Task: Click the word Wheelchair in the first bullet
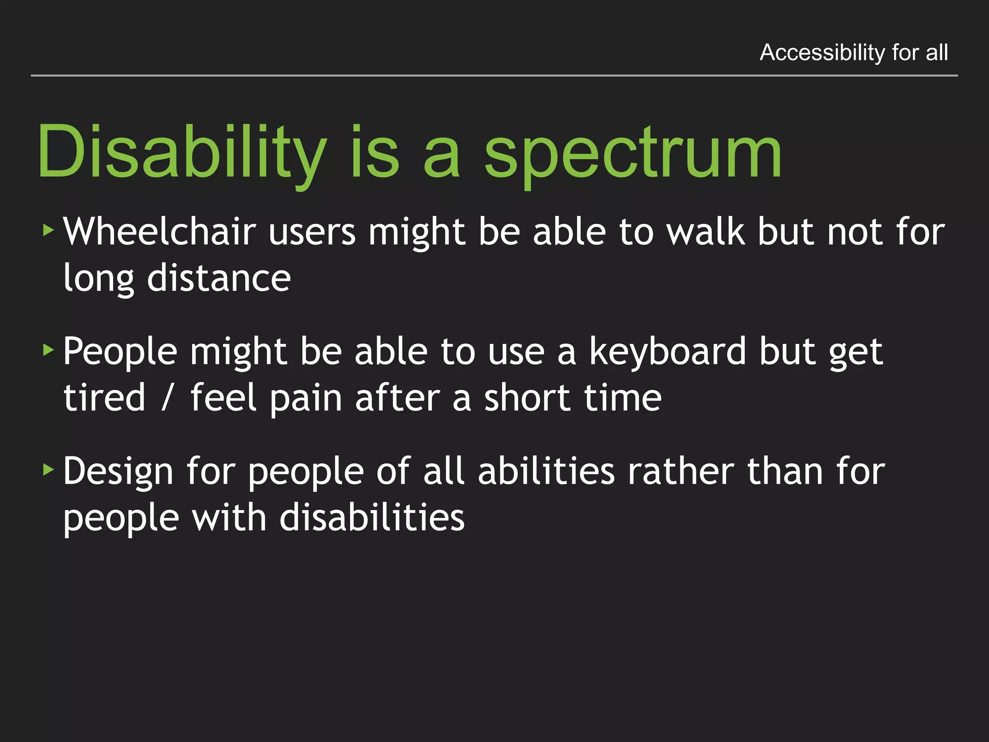pyautogui.click(x=159, y=232)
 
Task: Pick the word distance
pyautogui.click(x=219, y=278)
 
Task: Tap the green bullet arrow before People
pyautogui.click(x=48, y=349)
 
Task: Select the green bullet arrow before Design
pyautogui.click(x=48, y=469)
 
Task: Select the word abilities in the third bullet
pyautogui.click(x=546, y=471)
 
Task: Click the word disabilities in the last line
pyautogui.click(x=372, y=518)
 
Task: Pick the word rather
pyautogui.click(x=680, y=471)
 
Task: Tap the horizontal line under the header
pyautogui.click(x=494, y=76)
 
